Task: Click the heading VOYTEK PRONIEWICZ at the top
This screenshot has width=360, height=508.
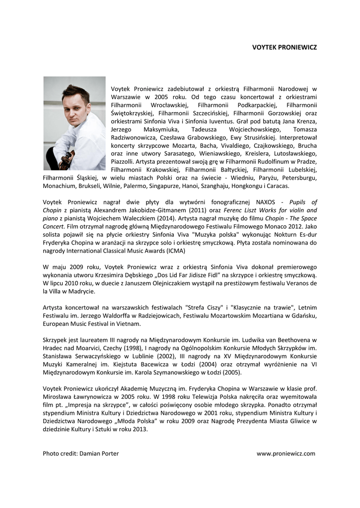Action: (284, 48)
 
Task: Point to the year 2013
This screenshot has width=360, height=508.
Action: (139, 429)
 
